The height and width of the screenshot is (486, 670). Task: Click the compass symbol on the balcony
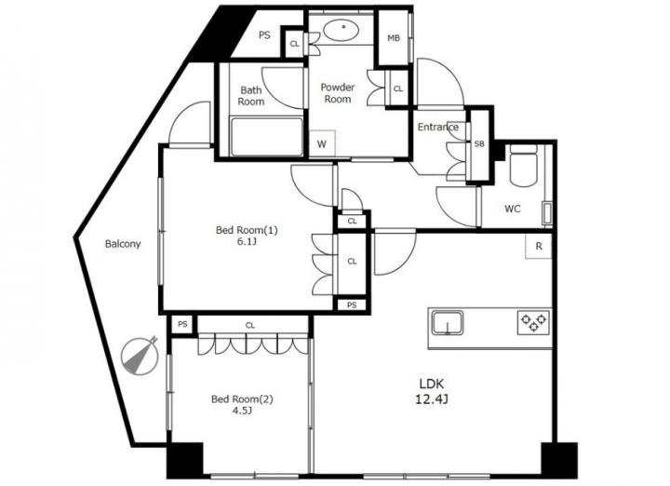(141, 356)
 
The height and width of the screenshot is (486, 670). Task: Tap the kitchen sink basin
(447, 323)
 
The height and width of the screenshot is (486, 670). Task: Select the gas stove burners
(534, 323)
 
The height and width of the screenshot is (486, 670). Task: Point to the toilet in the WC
(524, 166)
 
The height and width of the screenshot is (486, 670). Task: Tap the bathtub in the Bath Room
(267, 137)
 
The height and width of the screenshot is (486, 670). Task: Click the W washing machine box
(322, 143)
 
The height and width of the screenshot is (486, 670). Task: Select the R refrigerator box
(539, 246)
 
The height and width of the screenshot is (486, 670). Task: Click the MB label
(394, 38)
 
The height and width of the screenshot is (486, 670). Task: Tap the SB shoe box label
(479, 144)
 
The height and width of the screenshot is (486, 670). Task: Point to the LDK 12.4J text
(432, 391)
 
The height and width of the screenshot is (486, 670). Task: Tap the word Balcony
(123, 245)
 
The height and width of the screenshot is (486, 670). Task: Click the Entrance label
(438, 127)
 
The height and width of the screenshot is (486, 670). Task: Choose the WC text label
(513, 209)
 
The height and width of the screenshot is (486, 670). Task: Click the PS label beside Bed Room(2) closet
(182, 324)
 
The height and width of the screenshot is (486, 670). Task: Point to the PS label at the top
(264, 35)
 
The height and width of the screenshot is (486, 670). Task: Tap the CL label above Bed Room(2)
(250, 326)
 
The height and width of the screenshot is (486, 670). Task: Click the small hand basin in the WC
(547, 213)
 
